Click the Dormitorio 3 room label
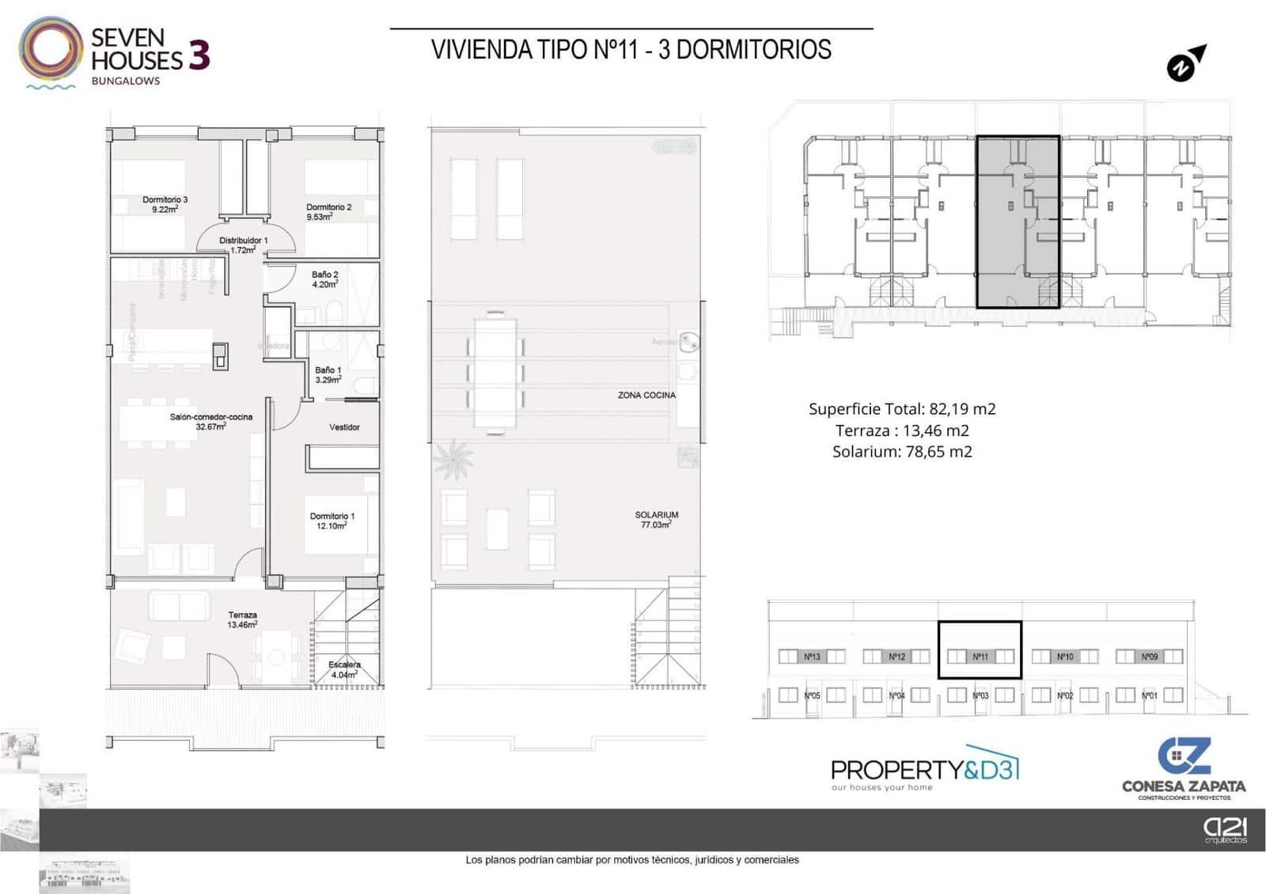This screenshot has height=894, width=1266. [x=165, y=204]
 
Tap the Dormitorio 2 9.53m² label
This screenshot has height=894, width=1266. [x=328, y=211]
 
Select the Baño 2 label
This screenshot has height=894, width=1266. [x=324, y=279]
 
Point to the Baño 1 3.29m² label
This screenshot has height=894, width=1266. [x=328, y=374]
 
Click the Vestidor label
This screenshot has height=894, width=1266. [x=344, y=427]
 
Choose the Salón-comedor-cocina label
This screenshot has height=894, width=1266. [x=210, y=421]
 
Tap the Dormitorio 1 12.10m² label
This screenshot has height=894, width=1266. [x=332, y=521]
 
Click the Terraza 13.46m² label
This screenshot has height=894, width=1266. [x=242, y=619]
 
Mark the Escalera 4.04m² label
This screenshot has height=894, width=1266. [x=344, y=669]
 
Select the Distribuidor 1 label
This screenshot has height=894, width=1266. [x=243, y=244]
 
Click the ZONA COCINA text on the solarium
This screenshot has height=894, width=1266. [x=646, y=395]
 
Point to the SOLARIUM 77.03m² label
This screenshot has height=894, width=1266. [x=656, y=519]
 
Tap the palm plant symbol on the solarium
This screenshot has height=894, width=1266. [x=454, y=459]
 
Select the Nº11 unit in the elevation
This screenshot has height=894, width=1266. [x=980, y=656]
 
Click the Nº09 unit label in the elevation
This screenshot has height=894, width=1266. [x=1149, y=656]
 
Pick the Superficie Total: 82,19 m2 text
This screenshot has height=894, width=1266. [x=902, y=409]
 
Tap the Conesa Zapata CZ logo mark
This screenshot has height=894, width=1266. [x=1184, y=756]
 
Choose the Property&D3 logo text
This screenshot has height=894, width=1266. [x=924, y=769]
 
